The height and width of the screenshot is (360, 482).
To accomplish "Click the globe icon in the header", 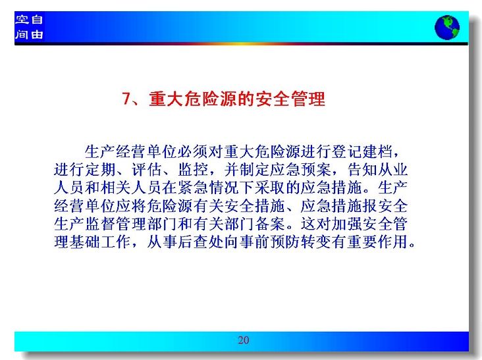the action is [x=447, y=28].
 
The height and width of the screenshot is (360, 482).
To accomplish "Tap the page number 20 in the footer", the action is [x=244, y=340].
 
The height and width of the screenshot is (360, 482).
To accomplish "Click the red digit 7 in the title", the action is [x=126, y=99].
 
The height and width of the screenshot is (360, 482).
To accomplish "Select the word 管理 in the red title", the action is [x=308, y=99].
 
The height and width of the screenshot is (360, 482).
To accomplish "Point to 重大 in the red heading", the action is [x=166, y=99].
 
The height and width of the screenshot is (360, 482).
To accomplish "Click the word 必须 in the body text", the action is [x=193, y=151].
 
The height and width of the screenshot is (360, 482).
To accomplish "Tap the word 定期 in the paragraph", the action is [x=100, y=170].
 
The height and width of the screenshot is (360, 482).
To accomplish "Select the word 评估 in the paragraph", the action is [x=147, y=170].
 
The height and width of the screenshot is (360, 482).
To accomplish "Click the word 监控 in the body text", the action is [x=193, y=170].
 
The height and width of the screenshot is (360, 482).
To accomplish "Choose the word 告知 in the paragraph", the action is [x=362, y=170].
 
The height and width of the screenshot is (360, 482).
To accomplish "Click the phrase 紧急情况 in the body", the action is [x=208, y=188].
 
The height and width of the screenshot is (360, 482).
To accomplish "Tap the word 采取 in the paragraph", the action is [x=270, y=188].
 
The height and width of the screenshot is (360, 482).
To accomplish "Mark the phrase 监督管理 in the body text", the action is [x=115, y=224].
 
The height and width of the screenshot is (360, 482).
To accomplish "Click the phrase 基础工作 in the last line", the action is [x=100, y=242].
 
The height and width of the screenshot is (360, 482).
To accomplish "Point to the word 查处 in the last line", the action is [x=208, y=242].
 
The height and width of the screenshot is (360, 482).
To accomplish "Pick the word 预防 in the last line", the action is [x=285, y=242].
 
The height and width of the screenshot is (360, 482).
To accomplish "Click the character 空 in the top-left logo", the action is [x=22, y=20].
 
